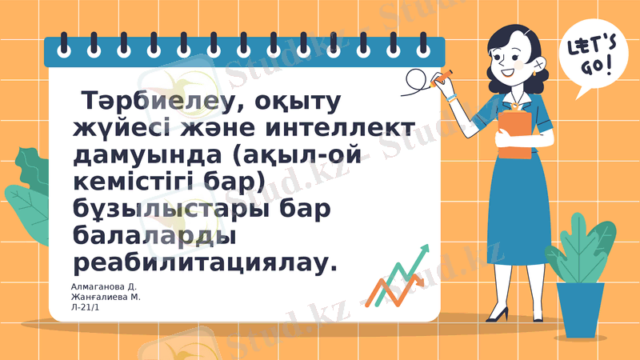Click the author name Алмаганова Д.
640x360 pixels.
[x=104, y=286]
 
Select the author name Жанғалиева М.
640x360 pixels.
[x=106, y=297]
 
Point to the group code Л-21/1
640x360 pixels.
[x=86, y=307]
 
